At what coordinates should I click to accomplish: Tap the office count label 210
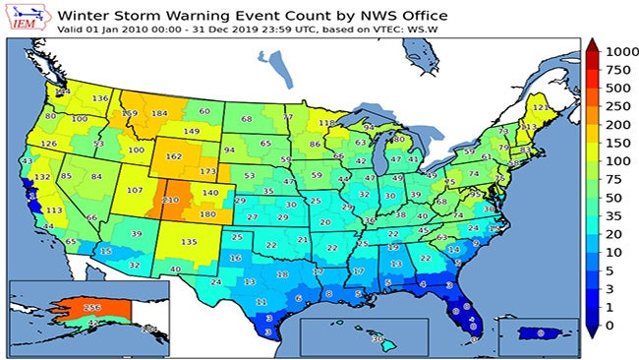point(171,201)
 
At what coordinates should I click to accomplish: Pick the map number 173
point(208,172)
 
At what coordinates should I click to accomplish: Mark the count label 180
point(207,214)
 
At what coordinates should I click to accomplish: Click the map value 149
point(192,131)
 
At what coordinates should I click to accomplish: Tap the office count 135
point(189,242)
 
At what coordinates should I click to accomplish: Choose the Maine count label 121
point(539,108)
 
